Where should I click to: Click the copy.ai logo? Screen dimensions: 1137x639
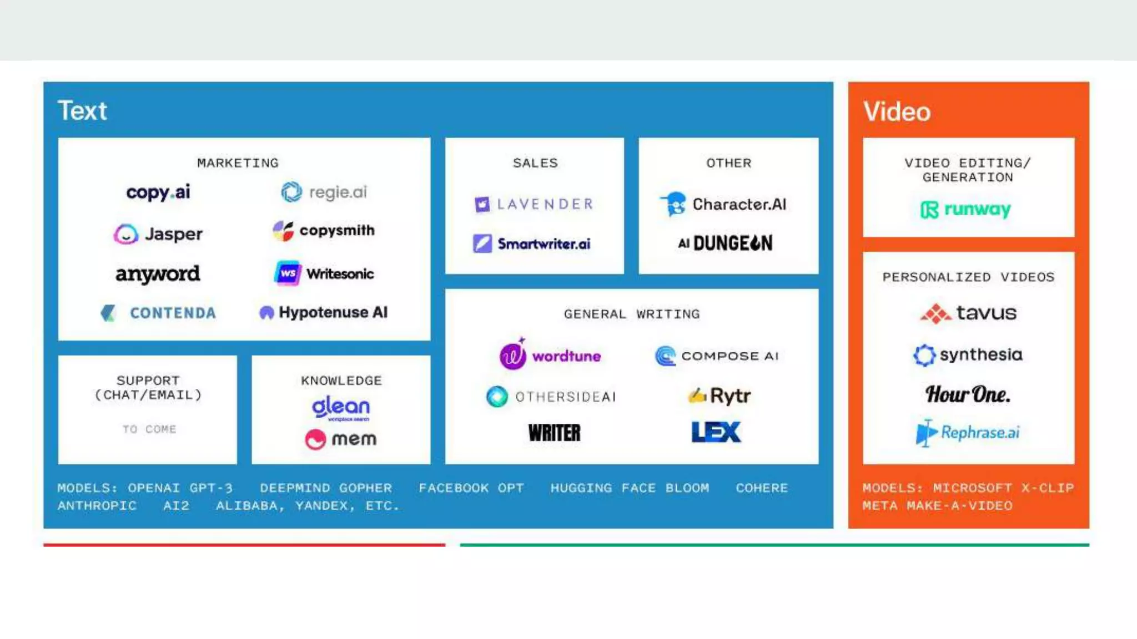click(158, 192)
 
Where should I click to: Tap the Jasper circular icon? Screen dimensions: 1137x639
click(126, 234)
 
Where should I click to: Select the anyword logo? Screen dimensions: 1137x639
click(158, 274)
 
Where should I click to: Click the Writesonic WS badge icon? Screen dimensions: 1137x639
click(288, 273)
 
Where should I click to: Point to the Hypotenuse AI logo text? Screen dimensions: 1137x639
click(333, 312)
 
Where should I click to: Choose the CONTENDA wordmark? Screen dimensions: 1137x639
click(173, 313)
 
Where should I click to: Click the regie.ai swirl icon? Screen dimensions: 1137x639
click(291, 192)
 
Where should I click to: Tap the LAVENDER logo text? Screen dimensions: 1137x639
click(545, 204)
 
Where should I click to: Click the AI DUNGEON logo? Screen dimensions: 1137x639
click(725, 243)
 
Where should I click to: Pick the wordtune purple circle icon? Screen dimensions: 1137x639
click(513, 356)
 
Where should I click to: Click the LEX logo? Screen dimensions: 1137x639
click(716, 432)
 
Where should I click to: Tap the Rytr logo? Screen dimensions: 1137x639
click(720, 396)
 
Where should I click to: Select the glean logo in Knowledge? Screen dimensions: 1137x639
click(341, 408)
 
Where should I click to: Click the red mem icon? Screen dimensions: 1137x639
click(315, 439)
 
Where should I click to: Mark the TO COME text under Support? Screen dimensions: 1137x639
click(149, 429)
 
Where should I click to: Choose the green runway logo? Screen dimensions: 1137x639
click(965, 210)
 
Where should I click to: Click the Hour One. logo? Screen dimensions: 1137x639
click(968, 394)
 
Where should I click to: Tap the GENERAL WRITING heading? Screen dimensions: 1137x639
click(632, 315)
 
